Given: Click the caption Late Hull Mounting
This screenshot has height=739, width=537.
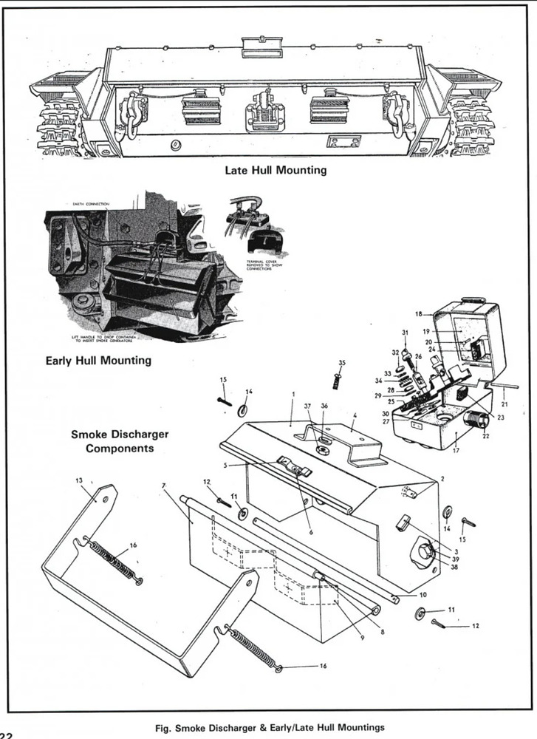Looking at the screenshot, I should pyautogui.click(x=276, y=170).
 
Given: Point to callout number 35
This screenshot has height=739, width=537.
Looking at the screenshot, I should pyautogui.click(x=342, y=362).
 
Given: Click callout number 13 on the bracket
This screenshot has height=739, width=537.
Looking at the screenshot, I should pyautogui.click(x=79, y=480).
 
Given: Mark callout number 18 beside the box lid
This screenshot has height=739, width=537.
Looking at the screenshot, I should pyautogui.click(x=418, y=314).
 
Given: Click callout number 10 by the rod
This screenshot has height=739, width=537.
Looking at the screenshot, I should pyautogui.click(x=423, y=595).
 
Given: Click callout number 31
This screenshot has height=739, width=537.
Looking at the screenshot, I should pyautogui.click(x=405, y=332).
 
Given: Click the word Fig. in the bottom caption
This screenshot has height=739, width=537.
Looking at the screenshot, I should pyautogui.click(x=164, y=728).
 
